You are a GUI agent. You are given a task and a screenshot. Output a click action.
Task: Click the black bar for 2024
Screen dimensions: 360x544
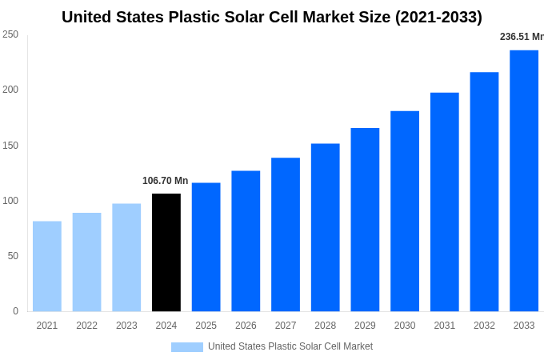pyautogui.click(x=166, y=252)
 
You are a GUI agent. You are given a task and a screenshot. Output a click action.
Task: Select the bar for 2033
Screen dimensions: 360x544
pyautogui.click(x=524, y=181)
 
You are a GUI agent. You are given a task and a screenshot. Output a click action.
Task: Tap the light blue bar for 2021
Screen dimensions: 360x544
pyautogui.click(x=47, y=266)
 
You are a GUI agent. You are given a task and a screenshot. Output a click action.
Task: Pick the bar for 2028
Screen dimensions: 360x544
pyautogui.click(x=326, y=227)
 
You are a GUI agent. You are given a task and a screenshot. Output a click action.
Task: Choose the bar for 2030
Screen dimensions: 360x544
pyautogui.click(x=405, y=211)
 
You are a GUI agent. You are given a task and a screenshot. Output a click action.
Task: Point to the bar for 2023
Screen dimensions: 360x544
pyautogui.click(x=126, y=258)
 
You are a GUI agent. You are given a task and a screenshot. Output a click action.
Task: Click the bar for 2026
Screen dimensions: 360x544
pyautogui.click(x=246, y=241)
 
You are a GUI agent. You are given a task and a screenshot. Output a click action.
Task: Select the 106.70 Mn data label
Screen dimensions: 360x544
pyautogui.click(x=166, y=181)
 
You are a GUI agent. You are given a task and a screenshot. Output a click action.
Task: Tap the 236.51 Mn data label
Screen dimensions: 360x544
pyautogui.click(x=522, y=37)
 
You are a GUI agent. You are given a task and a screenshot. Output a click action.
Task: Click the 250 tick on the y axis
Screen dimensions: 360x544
pyautogui.click(x=10, y=34)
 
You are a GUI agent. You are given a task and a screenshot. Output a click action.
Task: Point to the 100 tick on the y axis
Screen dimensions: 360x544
pyautogui.click(x=10, y=201)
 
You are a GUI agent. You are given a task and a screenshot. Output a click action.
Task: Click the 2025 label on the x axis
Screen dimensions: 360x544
pyautogui.click(x=206, y=326)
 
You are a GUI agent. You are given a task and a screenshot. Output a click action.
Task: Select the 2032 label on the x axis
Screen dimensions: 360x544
pyautogui.click(x=484, y=326)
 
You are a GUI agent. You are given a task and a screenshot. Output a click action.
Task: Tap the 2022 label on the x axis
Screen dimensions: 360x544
pyautogui.click(x=86, y=326)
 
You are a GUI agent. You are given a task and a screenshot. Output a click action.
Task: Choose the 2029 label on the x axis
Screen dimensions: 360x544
pyautogui.click(x=365, y=326)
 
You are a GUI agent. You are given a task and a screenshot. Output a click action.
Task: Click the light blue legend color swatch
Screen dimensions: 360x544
pyautogui.click(x=187, y=346)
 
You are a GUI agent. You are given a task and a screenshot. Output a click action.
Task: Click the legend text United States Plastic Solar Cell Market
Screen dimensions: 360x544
pyautogui.click(x=290, y=346)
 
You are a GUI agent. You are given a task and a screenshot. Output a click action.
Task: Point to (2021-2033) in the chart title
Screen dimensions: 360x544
pyautogui.click(x=438, y=17)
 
